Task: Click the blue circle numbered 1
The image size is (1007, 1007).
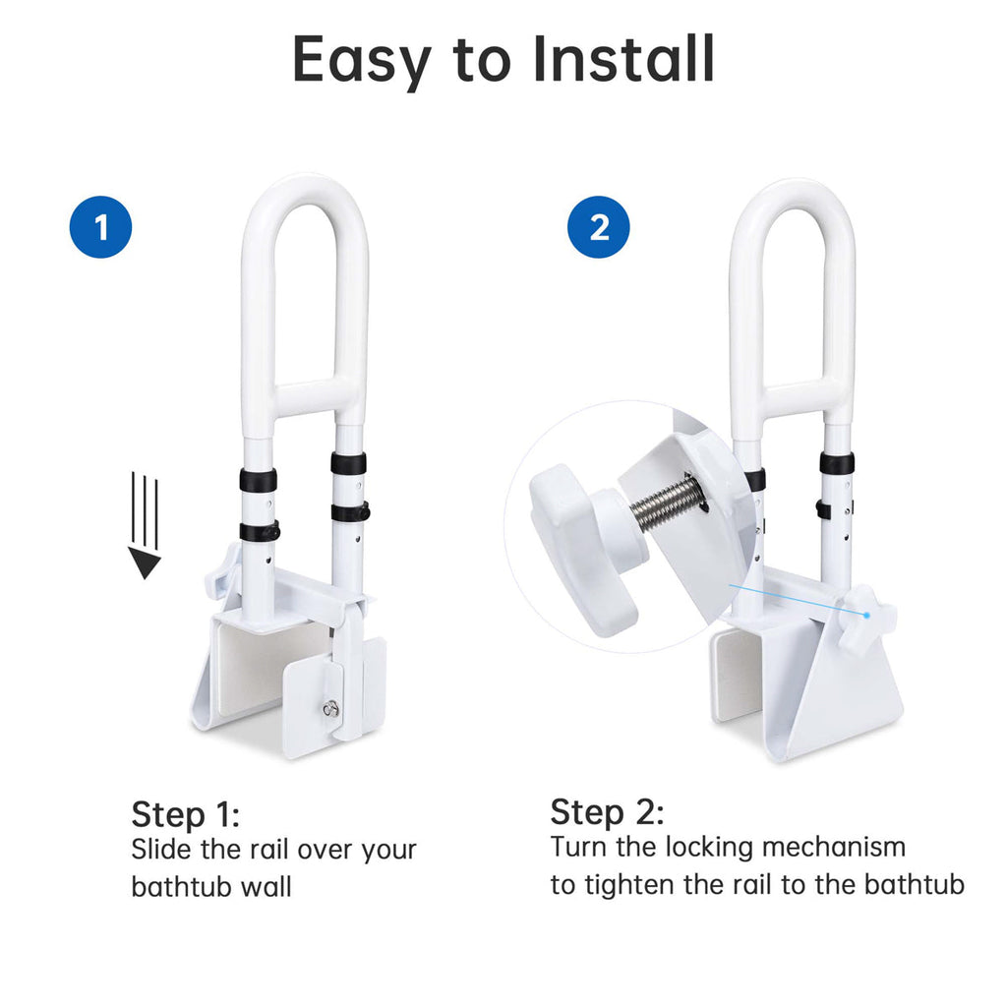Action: point(101,227)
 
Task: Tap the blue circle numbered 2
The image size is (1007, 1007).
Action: point(599,227)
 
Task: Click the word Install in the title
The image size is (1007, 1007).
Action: point(623,59)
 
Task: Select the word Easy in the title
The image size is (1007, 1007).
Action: point(362,62)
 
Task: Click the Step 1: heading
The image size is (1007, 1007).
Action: point(186,815)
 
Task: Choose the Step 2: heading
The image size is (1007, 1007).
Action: point(607,811)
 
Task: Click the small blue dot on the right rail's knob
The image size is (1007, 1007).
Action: point(866,616)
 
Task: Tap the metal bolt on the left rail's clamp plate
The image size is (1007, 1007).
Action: point(329,708)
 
